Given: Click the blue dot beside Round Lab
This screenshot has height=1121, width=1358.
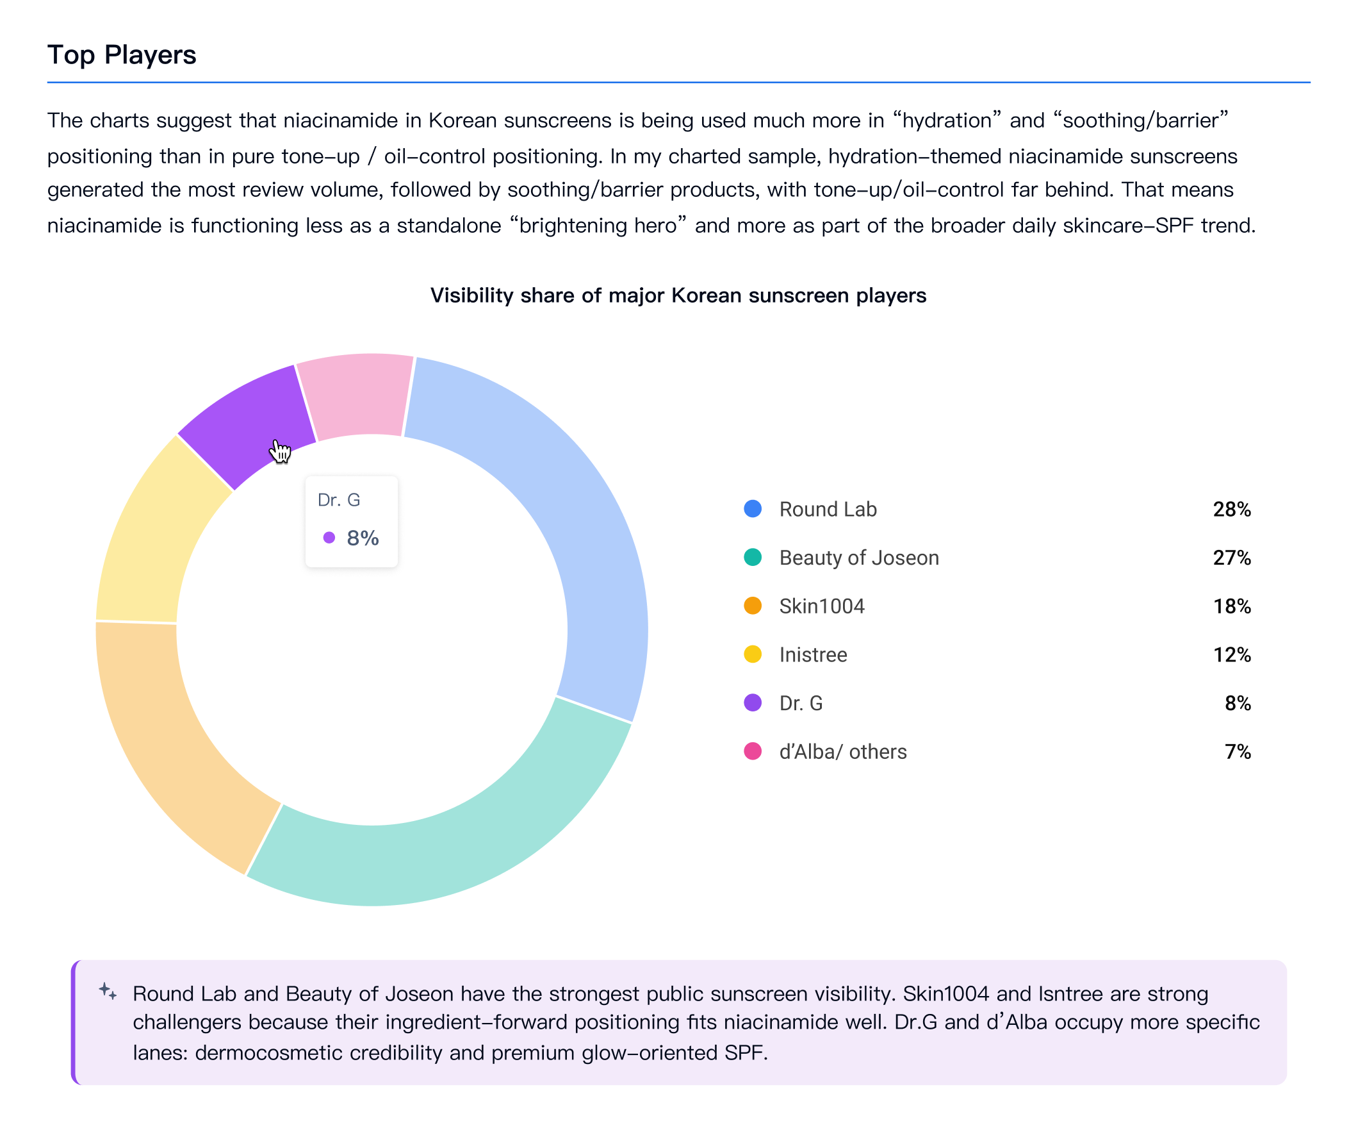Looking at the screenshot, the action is [753, 509].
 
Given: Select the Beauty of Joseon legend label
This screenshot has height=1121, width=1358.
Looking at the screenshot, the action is [859, 558].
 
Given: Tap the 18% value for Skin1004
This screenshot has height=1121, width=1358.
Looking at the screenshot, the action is [1232, 606].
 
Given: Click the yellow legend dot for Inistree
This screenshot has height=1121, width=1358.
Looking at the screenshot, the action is [753, 654].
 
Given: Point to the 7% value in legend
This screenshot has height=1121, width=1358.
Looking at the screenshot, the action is [1238, 752].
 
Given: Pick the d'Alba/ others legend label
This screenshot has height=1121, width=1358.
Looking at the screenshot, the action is [843, 752].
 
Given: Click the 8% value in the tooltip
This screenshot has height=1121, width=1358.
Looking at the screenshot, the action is [363, 538].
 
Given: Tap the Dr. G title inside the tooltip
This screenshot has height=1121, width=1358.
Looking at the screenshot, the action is [339, 500].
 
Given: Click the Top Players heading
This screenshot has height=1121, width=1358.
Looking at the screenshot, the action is [121, 55].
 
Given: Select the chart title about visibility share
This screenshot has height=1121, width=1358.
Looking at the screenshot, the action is [678, 295].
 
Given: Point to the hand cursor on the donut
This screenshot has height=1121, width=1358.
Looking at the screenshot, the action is [280, 451].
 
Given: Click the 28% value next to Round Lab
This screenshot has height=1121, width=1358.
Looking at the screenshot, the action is [1232, 510].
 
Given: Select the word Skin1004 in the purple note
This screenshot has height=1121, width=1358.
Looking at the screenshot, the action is [945, 993].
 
